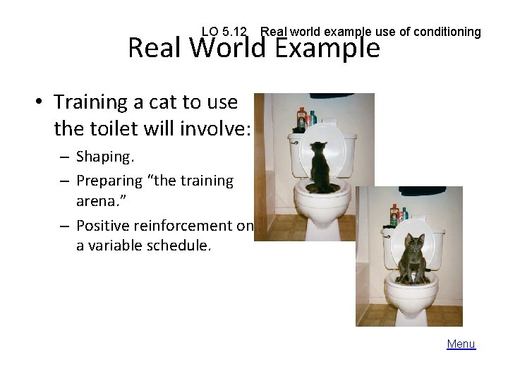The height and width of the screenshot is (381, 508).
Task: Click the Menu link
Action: coord(461,344)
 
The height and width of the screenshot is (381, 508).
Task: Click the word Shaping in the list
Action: coord(102,155)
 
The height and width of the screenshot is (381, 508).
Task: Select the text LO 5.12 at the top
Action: coord(224,32)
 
